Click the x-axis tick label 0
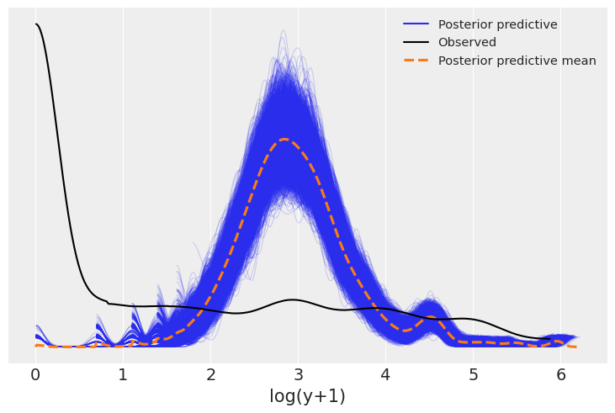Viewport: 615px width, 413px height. [x=35, y=374]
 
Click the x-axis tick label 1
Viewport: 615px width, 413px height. [x=123, y=374]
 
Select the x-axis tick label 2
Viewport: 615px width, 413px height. [x=210, y=374]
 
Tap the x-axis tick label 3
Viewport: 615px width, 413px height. [x=298, y=374]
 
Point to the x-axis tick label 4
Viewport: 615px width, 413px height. [x=385, y=374]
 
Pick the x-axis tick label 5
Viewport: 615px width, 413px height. [x=473, y=374]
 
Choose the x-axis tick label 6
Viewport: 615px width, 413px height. [x=560, y=374]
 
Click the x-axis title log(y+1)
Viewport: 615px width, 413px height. [x=307, y=396]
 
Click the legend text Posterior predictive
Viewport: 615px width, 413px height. [x=497, y=24]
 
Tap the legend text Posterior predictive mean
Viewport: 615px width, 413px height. [x=517, y=61]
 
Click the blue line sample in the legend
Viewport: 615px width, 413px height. [x=416, y=24]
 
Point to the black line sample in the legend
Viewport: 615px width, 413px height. [x=416, y=42]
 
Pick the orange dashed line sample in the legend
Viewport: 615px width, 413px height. [x=416, y=61]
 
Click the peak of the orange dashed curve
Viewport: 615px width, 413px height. [x=285, y=139]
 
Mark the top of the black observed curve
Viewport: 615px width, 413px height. [x=36, y=24]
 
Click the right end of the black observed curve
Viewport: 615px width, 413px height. [x=549, y=339]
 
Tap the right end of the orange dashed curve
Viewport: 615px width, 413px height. [x=575, y=347]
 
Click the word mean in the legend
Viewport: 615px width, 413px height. [x=579, y=61]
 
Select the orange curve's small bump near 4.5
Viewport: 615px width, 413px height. [x=431, y=317]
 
